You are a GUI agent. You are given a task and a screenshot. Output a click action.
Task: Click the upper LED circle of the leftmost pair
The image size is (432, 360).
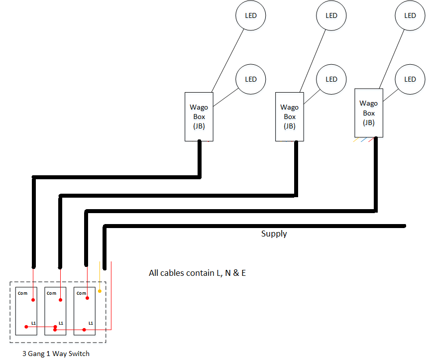[251, 15]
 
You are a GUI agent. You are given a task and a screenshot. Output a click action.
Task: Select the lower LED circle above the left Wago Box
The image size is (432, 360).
[251, 79]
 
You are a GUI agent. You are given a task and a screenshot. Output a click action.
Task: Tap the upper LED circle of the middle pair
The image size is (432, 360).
[331, 15]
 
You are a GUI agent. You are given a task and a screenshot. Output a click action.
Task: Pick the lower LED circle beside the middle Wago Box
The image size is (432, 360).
[331, 79]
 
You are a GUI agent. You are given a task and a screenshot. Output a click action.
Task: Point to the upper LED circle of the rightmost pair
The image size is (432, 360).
[410, 15]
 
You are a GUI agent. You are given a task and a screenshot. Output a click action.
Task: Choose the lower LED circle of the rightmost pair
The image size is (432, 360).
[410, 79]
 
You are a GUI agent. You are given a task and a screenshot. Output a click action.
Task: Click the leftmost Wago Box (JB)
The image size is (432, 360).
[199, 117]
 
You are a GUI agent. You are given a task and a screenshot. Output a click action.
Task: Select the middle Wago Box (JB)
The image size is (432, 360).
[290, 117]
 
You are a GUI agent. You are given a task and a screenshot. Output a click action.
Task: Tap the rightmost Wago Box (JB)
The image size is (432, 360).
[369, 113]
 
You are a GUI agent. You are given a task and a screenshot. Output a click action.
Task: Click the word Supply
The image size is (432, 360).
[274, 234]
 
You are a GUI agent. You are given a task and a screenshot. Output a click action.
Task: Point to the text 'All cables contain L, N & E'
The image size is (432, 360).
[197, 273]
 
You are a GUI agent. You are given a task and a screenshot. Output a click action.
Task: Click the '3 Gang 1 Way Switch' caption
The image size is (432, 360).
[56, 354]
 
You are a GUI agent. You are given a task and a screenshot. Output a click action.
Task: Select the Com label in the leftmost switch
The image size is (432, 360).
[23, 293]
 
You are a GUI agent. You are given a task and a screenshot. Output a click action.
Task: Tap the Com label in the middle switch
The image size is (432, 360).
[51, 293]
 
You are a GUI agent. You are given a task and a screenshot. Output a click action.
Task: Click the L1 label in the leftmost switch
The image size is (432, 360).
[33, 323]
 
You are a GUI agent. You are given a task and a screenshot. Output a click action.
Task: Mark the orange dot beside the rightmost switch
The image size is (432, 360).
[100, 290]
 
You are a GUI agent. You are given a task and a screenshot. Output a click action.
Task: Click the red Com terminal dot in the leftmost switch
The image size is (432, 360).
[33, 300]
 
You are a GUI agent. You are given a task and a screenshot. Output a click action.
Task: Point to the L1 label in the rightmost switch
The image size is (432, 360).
[91, 323]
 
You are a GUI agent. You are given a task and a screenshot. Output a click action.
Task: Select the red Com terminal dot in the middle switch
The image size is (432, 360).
[60, 300]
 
